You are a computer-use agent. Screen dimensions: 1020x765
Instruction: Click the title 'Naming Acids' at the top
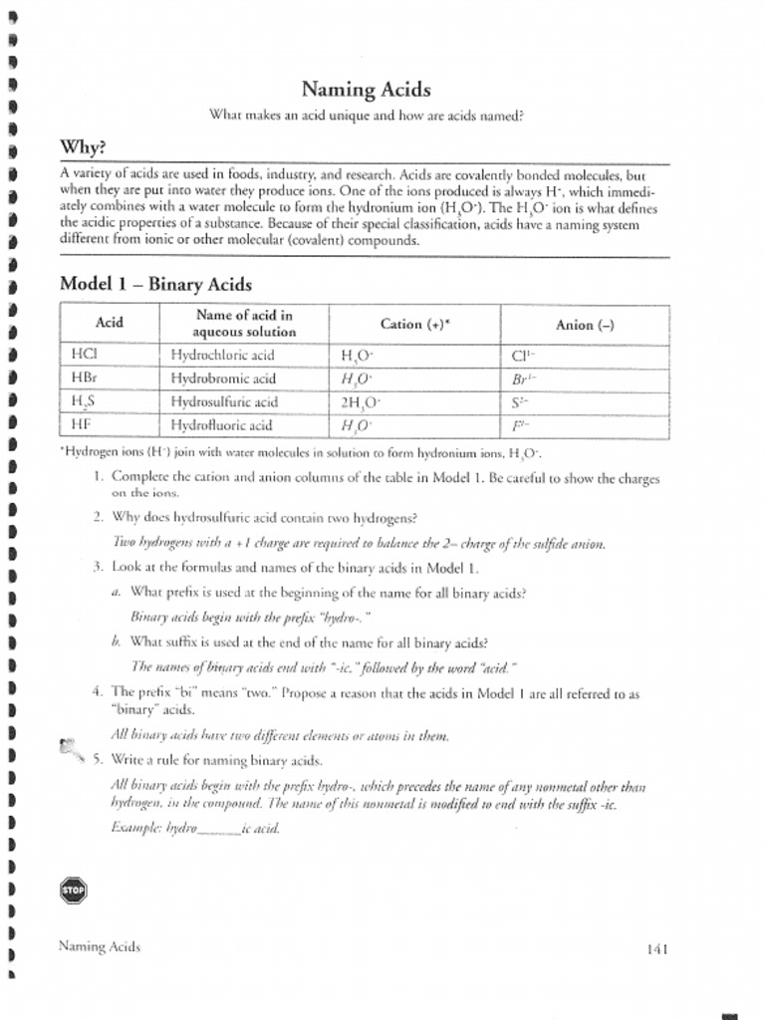pos(367,90)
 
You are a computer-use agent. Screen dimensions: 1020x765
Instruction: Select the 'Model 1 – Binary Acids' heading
pos(155,284)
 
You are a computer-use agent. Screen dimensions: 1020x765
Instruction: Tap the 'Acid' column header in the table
pos(109,323)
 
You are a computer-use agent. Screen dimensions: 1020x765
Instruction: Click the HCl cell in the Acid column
pos(84,354)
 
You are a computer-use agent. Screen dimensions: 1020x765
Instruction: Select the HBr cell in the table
pos(84,379)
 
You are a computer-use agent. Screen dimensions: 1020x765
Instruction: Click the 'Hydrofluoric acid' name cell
pos(221,425)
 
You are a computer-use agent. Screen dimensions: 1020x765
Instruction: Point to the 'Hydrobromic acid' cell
pos(223,379)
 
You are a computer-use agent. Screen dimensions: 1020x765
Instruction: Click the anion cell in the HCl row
pos(523,355)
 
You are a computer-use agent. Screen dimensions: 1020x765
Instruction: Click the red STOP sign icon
pos(73,890)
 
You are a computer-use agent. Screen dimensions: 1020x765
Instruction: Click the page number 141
pos(655,949)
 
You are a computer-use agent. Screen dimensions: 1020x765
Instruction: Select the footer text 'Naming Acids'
pos(100,946)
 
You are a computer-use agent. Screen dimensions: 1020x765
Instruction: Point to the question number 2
pos(98,518)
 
